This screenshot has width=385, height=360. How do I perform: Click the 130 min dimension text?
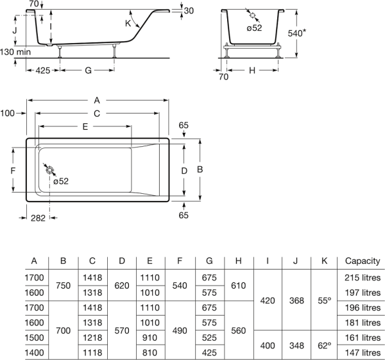[15, 51]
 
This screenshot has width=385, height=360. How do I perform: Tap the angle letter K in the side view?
[128, 23]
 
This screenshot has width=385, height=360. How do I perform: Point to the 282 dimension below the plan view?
[38, 218]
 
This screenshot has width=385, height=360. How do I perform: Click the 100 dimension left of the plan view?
[8, 114]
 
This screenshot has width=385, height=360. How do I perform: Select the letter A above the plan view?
[97, 100]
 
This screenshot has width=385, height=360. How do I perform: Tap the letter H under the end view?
[252, 69]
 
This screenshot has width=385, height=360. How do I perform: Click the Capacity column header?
[363, 261]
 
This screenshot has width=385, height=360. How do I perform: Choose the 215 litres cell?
[363, 278]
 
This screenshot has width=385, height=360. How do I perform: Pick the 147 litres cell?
[363, 352]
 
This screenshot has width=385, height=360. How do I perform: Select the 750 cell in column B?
[63, 286]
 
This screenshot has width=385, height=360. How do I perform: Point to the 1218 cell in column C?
[92, 338]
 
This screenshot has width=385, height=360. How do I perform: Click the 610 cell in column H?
[238, 286]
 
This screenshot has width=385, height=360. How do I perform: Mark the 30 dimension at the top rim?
[187, 11]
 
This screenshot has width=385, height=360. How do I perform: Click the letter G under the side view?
[88, 69]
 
